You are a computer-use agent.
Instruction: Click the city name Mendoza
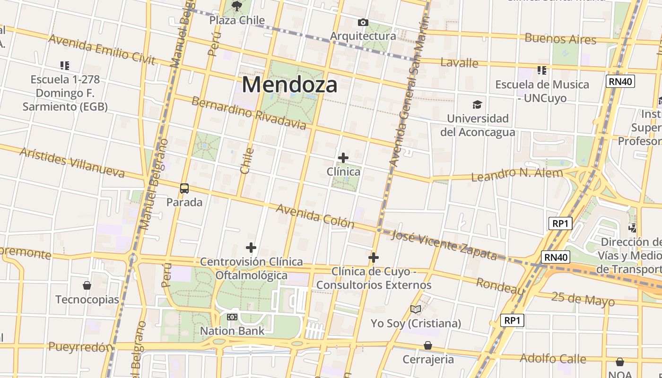[289, 85]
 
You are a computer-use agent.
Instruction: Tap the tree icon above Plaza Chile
[237, 6]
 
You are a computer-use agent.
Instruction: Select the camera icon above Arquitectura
[363, 22]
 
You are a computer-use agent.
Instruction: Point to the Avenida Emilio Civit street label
[102, 49]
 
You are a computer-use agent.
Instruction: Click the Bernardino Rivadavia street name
[249, 113]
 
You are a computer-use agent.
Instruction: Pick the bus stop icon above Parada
[184, 189]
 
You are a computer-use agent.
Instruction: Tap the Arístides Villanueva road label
[72, 162]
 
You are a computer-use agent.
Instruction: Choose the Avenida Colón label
[315, 215]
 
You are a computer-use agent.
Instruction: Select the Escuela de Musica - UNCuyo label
[542, 91]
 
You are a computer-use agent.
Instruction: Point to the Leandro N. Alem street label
[517, 174]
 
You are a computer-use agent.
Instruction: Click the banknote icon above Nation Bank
[232, 317]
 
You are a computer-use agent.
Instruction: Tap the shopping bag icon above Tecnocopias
[87, 285]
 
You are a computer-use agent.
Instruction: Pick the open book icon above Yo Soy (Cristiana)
[416, 309]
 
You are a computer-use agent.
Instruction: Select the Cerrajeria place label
[428, 360]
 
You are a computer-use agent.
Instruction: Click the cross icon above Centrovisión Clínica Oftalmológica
[251, 248]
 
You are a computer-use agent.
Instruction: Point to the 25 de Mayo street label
[583, 299]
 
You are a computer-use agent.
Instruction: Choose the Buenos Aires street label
[560, 39]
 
